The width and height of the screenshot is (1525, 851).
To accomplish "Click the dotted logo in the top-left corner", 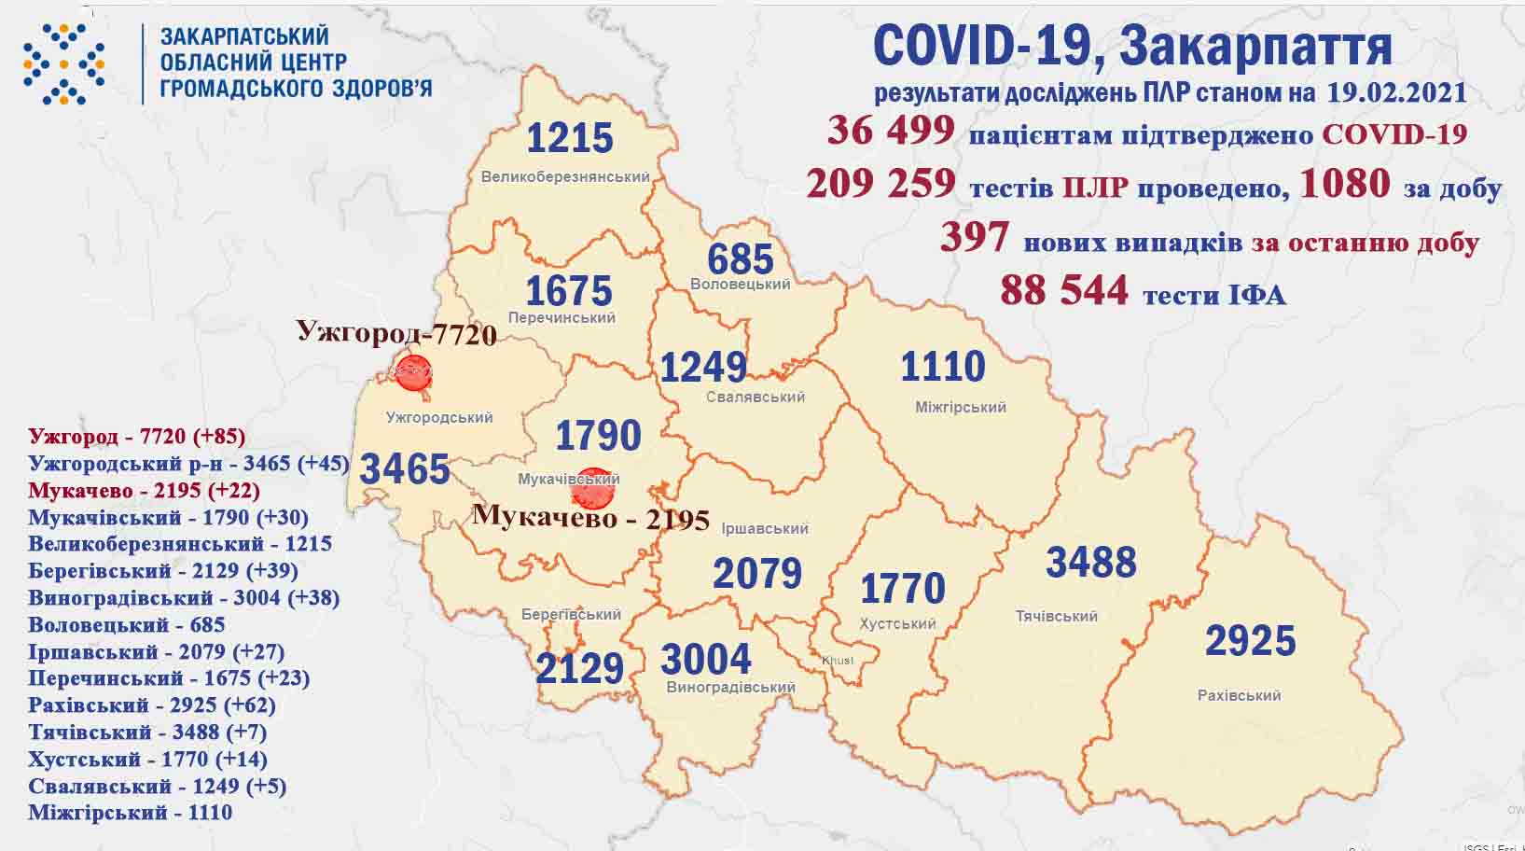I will (63, 64).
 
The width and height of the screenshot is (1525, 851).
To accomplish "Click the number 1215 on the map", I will (569, 138).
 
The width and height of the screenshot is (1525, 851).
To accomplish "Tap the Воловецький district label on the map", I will (741, 284).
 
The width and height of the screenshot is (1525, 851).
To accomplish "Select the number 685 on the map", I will (741, 258).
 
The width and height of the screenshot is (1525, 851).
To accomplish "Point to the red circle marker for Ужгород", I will (413, 372).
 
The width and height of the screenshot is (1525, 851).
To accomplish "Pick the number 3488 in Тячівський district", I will (1090, 563).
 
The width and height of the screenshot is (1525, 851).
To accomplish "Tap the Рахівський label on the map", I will (1239, 695).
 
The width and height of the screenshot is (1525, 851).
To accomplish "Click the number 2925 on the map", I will (1250, 641).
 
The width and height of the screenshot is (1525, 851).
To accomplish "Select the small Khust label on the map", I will (837, 660).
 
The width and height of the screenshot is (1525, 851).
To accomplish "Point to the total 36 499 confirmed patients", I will (891, 131).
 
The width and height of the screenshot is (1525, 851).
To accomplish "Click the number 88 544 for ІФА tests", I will (1063, 290).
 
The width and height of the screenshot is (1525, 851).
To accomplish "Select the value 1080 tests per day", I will (1344, 184).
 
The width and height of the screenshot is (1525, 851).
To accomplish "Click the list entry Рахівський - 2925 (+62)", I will (152, 705).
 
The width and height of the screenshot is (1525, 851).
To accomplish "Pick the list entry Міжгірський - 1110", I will (130, 813).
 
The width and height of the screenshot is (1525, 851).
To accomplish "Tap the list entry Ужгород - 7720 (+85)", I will (136, 436).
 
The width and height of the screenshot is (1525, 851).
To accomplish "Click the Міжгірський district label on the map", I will (960, 407).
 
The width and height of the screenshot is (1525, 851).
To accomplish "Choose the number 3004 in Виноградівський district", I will (705, 660).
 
